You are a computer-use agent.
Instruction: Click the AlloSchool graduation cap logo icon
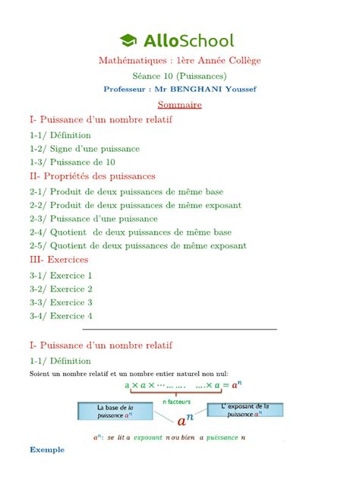(128, 41)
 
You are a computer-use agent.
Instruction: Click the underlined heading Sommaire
(179, 104)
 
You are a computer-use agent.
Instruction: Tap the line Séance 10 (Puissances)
(179, 75)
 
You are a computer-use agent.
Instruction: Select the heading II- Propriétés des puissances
(92, 176)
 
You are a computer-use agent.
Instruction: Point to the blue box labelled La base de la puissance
(115, 412)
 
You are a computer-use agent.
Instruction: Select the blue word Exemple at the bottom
(47, 450)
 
